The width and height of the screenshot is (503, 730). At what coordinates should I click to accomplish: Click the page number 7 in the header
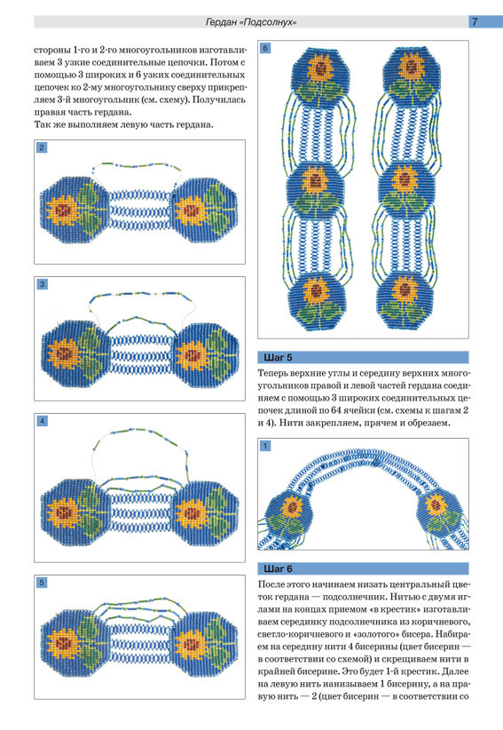coord(475,21)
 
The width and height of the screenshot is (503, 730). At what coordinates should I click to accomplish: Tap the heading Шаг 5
coord(278,358)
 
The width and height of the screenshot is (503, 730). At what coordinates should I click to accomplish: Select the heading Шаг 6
coord(278,569)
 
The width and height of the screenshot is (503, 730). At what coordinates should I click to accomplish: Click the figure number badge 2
coord(42,147)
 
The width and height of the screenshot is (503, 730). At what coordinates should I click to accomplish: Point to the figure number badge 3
coord(43,284)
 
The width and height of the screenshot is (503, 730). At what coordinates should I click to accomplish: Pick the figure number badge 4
coord(43,421)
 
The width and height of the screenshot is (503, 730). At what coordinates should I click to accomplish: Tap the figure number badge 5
coord(43,583)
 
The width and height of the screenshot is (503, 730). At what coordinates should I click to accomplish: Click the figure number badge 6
coord(265,48)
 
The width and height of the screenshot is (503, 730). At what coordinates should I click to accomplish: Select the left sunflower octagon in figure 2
coord(75,209)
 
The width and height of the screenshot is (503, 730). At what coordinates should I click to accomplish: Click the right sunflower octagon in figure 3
coord(206,354)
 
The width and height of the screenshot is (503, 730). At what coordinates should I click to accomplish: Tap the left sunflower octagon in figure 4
coord(75,514)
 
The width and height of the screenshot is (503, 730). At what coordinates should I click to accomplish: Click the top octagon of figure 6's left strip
coord(320,77)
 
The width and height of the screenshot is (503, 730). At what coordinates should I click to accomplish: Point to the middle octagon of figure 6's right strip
coord(407,189)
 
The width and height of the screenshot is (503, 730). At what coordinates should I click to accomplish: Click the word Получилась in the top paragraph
coord(219,99)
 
